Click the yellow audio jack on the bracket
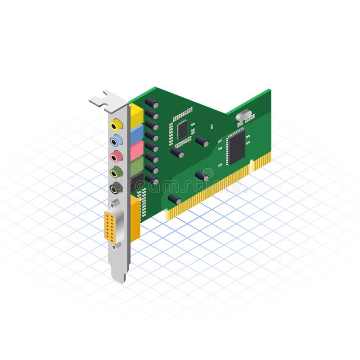116,124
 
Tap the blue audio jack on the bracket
116,140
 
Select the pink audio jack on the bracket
116,156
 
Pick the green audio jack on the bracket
116,172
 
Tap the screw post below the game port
114,246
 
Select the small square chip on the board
182,129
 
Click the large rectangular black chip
236,146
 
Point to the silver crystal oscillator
243,116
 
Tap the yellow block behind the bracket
136,115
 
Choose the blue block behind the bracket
137,133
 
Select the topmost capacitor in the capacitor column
152,103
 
